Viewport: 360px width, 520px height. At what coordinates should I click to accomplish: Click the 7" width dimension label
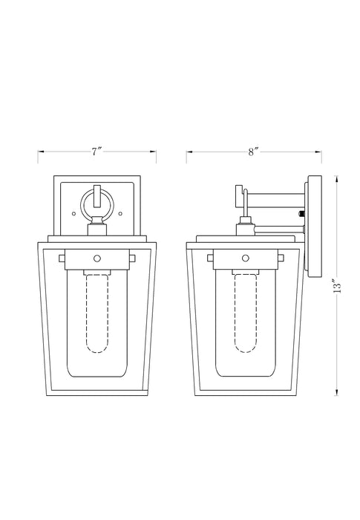coord(96,152)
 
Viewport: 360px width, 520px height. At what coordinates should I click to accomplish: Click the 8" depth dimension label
coord(253,152)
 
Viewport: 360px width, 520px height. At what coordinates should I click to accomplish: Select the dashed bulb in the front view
coord(97,313)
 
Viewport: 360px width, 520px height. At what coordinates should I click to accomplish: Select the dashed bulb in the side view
coord(246,313)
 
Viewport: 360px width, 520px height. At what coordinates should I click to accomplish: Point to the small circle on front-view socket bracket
coord(97,258)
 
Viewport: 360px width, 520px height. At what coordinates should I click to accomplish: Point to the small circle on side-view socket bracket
coord(246,258)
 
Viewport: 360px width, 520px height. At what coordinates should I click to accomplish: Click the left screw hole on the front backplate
coord(74,214)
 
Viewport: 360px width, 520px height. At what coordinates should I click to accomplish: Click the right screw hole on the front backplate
coord(120,214)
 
